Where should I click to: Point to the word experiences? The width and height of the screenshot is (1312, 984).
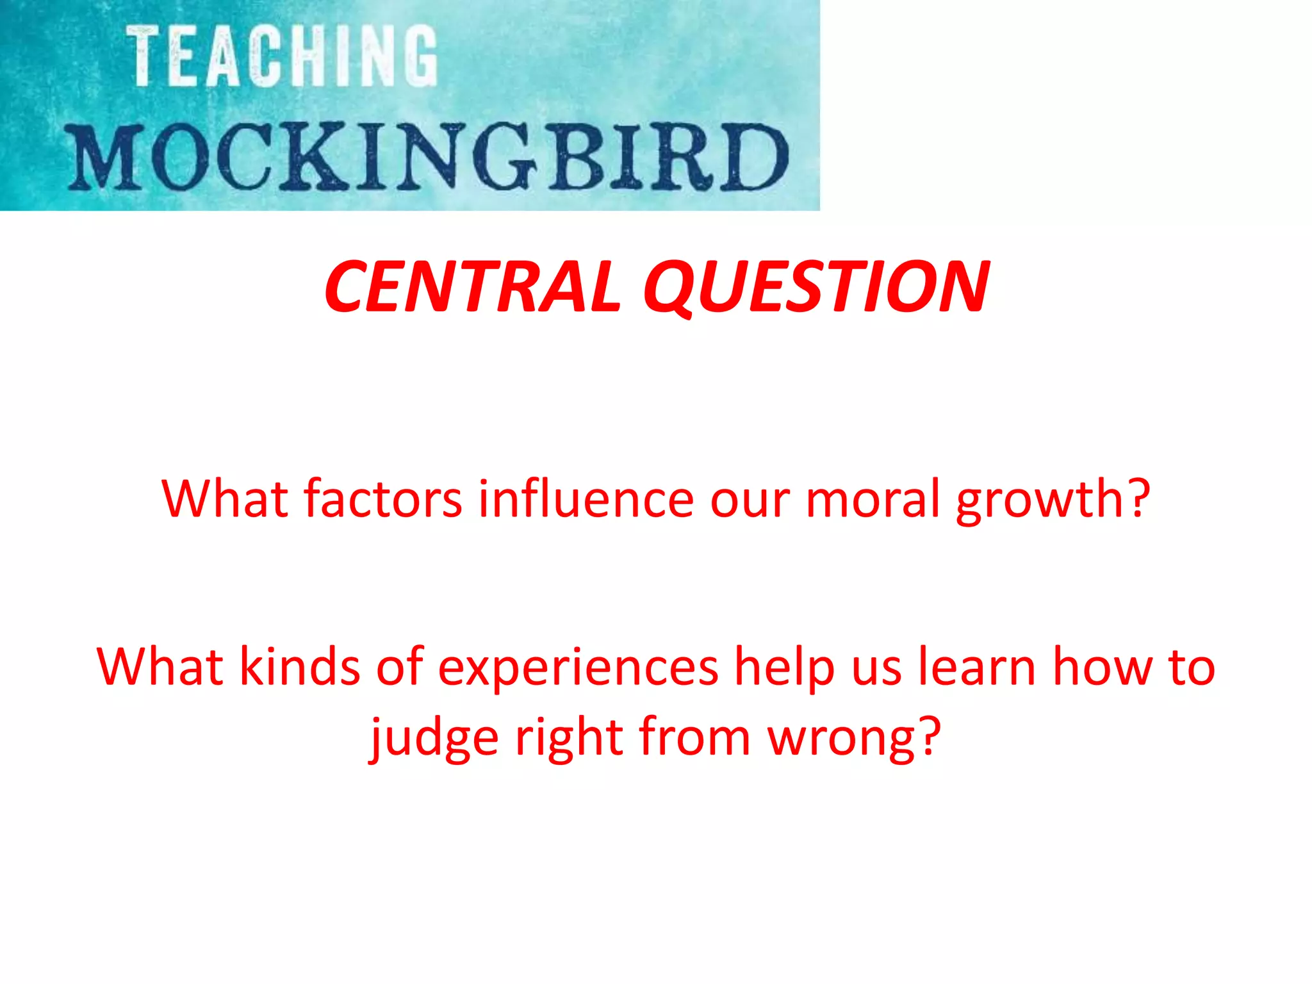pyautogui.click(x=578, y=668)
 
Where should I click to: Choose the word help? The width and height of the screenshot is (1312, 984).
pyautogui.click(x=784, y=668)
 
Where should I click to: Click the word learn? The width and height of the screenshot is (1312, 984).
pyautogui.click(x=977, y=668)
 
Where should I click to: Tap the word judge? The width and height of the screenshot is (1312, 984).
pyautogui.click(x=435, y=738)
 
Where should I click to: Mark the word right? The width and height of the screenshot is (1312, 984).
pyautogui.click(x=569, y=738)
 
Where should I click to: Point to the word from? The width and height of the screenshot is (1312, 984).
pyautogui.click(x=694, y=738)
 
